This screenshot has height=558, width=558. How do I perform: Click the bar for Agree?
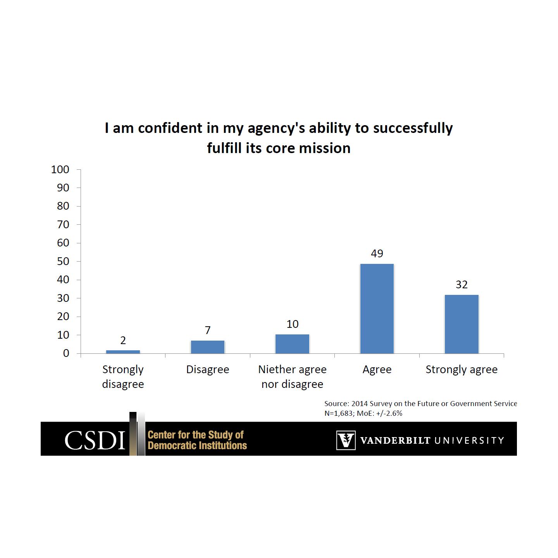pyautogui.click(x=377, y=308)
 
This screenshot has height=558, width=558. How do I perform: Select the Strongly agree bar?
pyautogui.click(x=462, y=324)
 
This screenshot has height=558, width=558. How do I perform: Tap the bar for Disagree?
pyautogui.click(x=208, y=347)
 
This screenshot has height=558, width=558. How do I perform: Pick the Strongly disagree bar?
pyautogui.click(x=123, y=351)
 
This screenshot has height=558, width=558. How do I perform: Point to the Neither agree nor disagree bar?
pyautogui.click(x=292, y=344)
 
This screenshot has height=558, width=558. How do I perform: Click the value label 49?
pyautogui.click(x=377, y=253)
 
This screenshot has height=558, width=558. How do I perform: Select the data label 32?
pyautogui.click(x=462, y=285)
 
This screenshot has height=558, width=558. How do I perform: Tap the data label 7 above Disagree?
pyautogui.click(x=208, y=330)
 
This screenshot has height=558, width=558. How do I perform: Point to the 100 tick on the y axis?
pyautogui.click(x=60, y=170)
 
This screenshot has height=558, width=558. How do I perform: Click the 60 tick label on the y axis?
pyautogui.click(x=63, y=243)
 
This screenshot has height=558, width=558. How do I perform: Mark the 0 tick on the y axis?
pyautogui.click(x=66, y=353)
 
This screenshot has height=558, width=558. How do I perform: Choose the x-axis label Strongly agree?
pyautogui.click(x=462, y=370)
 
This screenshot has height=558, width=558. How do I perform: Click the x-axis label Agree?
pyautogui.click(x=377, y=370)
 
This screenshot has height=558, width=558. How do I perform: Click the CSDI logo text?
pyautogui.click(x=95, y=440)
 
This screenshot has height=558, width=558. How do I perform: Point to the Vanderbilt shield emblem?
pyautogui.click(x=346, y=440)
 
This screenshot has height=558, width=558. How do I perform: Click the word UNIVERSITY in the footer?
pyautogui.click(x=468, y=441)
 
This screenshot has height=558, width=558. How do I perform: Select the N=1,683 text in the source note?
pyautogui.click(x=339, y=413)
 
